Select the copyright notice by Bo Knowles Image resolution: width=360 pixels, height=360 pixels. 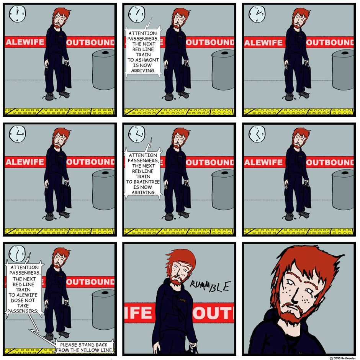point(342,358)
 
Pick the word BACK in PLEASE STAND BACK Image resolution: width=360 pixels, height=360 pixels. point(101,345)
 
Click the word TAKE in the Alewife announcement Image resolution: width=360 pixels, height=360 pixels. point(23,306)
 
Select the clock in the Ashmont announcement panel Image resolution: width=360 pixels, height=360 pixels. point(137,14)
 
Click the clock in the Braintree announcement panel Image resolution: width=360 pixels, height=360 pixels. point(137,134)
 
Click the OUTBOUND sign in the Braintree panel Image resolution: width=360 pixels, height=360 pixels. point(210,162)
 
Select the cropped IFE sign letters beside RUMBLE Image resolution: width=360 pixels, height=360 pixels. point(138,313)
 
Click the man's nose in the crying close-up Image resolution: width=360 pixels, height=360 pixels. point(296,297)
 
